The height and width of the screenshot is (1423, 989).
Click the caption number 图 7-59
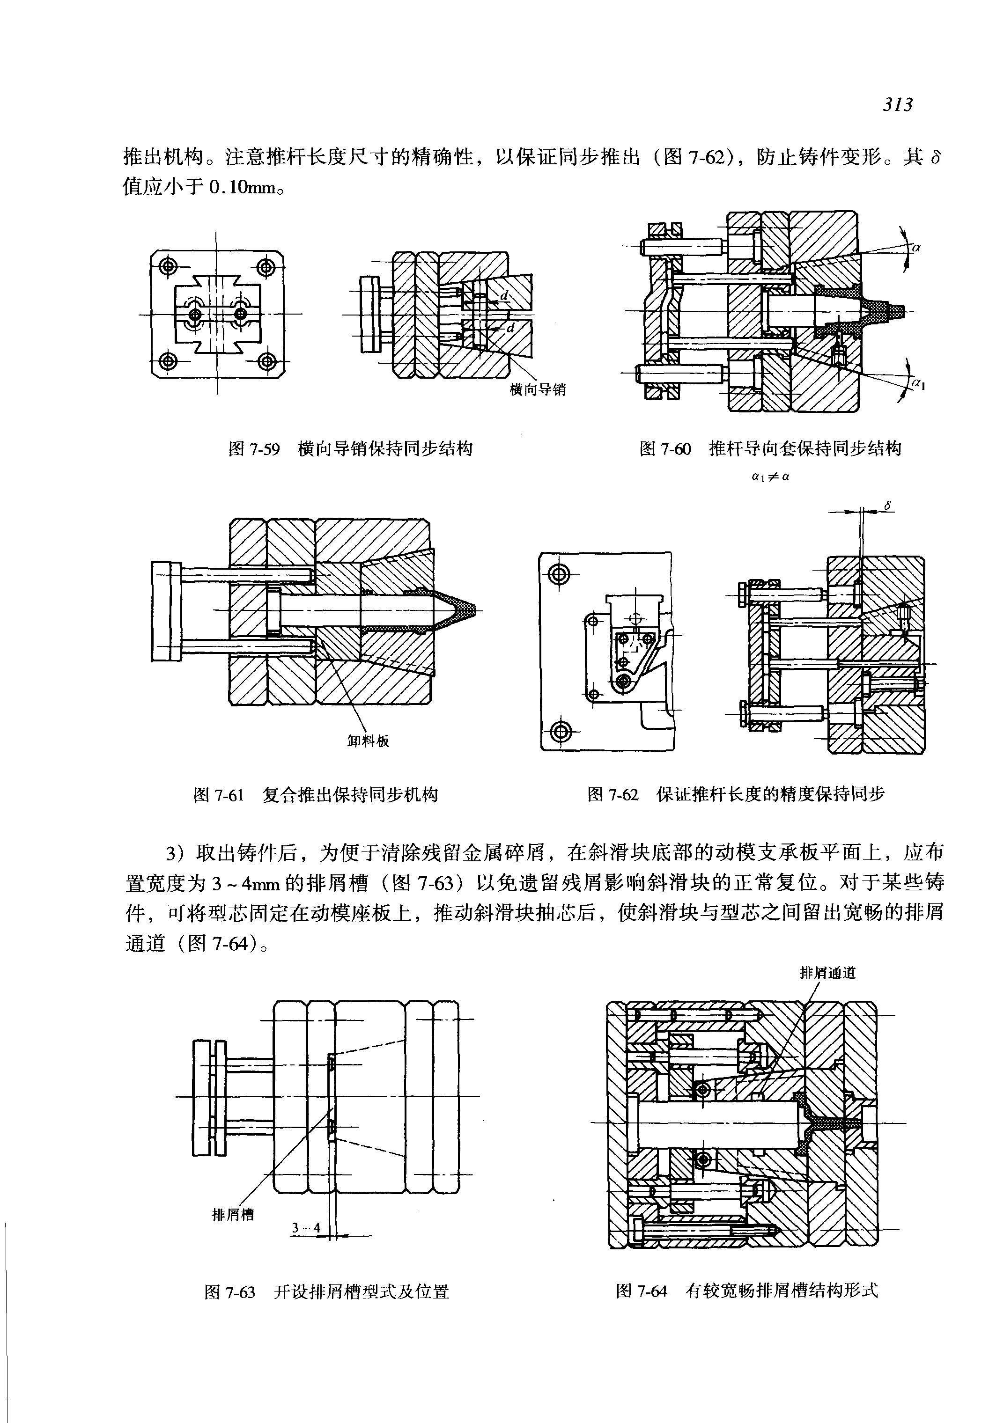[254, 448]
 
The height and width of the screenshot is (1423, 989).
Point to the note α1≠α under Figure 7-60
[769, 477]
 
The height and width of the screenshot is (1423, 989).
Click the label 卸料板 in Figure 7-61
[368, 741]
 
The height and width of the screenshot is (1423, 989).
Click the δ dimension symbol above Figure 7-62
[887, 506]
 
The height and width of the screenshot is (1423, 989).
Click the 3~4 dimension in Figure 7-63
[306, 1228]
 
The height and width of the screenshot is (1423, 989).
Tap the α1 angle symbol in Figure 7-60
[918, 384]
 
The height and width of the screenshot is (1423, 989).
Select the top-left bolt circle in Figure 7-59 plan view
[168, 267]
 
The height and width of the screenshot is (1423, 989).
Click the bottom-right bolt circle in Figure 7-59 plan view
[267, 360]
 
